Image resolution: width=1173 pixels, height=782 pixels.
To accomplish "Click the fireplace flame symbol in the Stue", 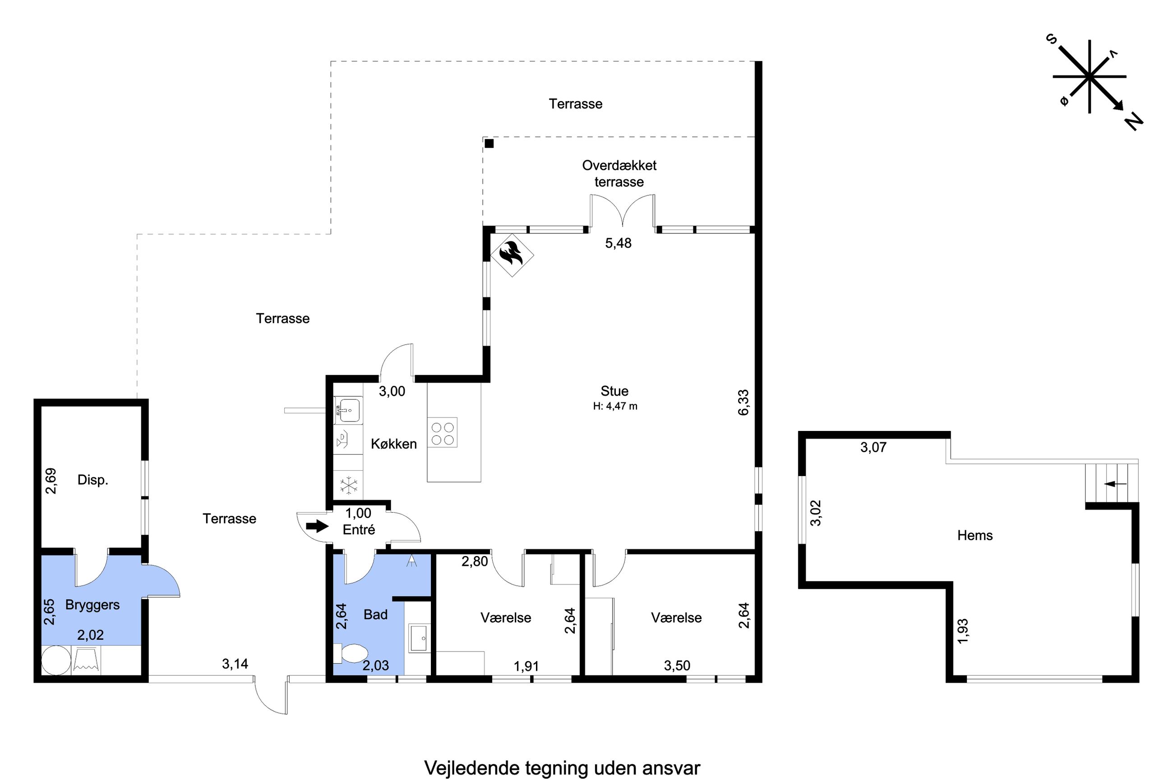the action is [x=512, y=255].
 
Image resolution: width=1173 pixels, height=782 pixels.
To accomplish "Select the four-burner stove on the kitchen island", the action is [x=442, y=432].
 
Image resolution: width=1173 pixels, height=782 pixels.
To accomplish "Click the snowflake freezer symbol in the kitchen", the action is [x=348, y=485].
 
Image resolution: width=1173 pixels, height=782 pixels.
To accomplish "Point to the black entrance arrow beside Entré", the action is [x=317, y=526].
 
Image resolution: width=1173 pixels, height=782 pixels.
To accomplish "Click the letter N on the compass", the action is [x=1134, y=121].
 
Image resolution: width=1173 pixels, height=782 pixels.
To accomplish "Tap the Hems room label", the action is [x=975, y=535].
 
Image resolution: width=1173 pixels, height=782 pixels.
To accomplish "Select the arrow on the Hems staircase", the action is [x=1116, y=484].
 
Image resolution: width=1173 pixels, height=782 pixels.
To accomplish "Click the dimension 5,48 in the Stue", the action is [x=618, y=243].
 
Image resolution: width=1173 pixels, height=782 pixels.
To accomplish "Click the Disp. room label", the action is [x=93, y=480].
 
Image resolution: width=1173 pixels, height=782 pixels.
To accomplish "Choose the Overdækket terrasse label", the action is [x=619, y=173].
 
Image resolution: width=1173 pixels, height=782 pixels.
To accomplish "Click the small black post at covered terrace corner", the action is [x=490, y=143].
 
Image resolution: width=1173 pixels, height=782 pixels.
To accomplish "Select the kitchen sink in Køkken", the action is [x=348, y=410].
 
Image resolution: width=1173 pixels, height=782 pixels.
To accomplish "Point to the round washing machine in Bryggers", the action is [x=56, y=660].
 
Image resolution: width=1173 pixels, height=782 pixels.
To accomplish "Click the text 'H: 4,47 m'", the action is [x=615, y=406].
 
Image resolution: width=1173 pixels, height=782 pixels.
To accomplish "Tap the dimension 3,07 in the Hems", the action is [x=873, y=447].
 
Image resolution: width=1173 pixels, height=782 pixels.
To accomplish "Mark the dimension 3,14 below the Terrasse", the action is [x=235, y=664].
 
